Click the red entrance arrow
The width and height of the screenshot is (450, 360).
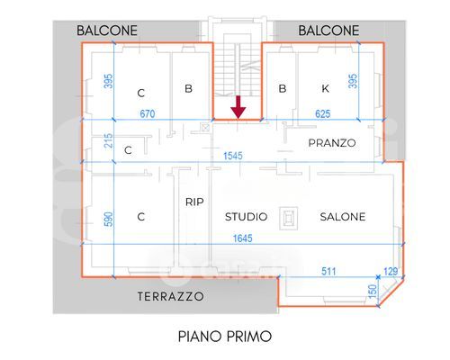click(x=238, y=107)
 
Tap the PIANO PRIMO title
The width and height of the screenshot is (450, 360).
click(x=225, y=337)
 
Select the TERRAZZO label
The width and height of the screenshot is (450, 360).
click(x=171, y=296)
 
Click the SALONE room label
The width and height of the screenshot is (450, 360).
click(x=343, y=217)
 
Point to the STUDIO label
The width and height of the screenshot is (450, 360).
click(x=246, y=217)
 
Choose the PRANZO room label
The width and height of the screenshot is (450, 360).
click(x=332, y=143)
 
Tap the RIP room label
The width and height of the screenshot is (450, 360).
click(x=194, y=202)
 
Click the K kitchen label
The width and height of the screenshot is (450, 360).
click(x=325, y=88)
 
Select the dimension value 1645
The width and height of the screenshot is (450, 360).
click(x=243, y=238)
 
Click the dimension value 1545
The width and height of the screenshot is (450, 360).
click(x=233, y=156)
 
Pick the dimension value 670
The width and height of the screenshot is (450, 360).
click(x=148, y=113)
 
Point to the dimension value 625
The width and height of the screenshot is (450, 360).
click(x=323, y=113)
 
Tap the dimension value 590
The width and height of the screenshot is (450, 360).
click(x=109, y=219)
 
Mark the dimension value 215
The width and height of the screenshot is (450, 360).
click(x=109, y=140)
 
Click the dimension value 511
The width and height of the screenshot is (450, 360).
click(x=328, y=271)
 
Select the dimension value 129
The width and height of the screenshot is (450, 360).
click(x=391, y=271)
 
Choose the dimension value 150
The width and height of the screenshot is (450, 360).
click(x=372, y=292)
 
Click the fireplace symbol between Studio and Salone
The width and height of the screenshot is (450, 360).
click(x=289, y=218)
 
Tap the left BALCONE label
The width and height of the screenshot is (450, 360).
click(x=107, y=31)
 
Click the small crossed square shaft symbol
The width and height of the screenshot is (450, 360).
click(x=205, y=128)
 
